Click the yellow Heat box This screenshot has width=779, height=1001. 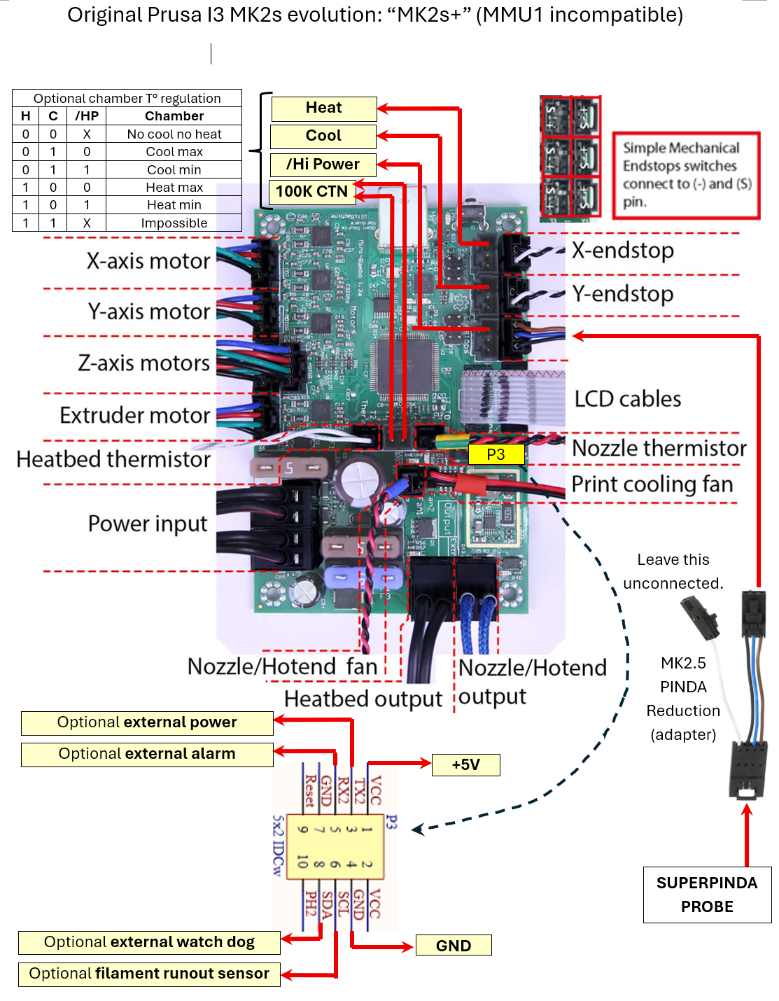click(x=323, y=108)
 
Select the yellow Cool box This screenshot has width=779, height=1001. click(x=323, y=136)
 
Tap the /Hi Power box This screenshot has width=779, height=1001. click(x=323, y=164)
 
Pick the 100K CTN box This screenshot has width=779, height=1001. click(x=311, y=192)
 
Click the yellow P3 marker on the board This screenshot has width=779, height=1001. click(x=496, y=455)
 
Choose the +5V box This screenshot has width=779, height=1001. click(x=465, y=765)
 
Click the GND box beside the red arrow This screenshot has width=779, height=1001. click(x=454, y=946)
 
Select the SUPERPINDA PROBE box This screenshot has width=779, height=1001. click(x=707, y=895)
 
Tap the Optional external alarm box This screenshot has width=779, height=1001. click(x=147, y=754)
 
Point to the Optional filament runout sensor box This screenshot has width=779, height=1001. click(x=149, y=974)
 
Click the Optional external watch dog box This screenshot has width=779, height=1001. click(x=149, y=942)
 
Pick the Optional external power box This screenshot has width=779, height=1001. click(x=147, y=722)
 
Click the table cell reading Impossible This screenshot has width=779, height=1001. click(x=174, y=223)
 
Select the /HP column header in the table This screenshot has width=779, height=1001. click(x=87, y=116)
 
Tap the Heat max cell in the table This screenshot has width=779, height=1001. click(x=174, y=188)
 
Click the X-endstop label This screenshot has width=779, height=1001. click(x=623, y=250)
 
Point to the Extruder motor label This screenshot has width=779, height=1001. click(x=135, y=415)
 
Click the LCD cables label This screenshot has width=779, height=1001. click(x=628, y=399)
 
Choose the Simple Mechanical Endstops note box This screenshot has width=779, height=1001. click(x=686, y=175)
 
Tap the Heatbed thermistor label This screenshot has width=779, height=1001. click(x=113, y=459)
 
